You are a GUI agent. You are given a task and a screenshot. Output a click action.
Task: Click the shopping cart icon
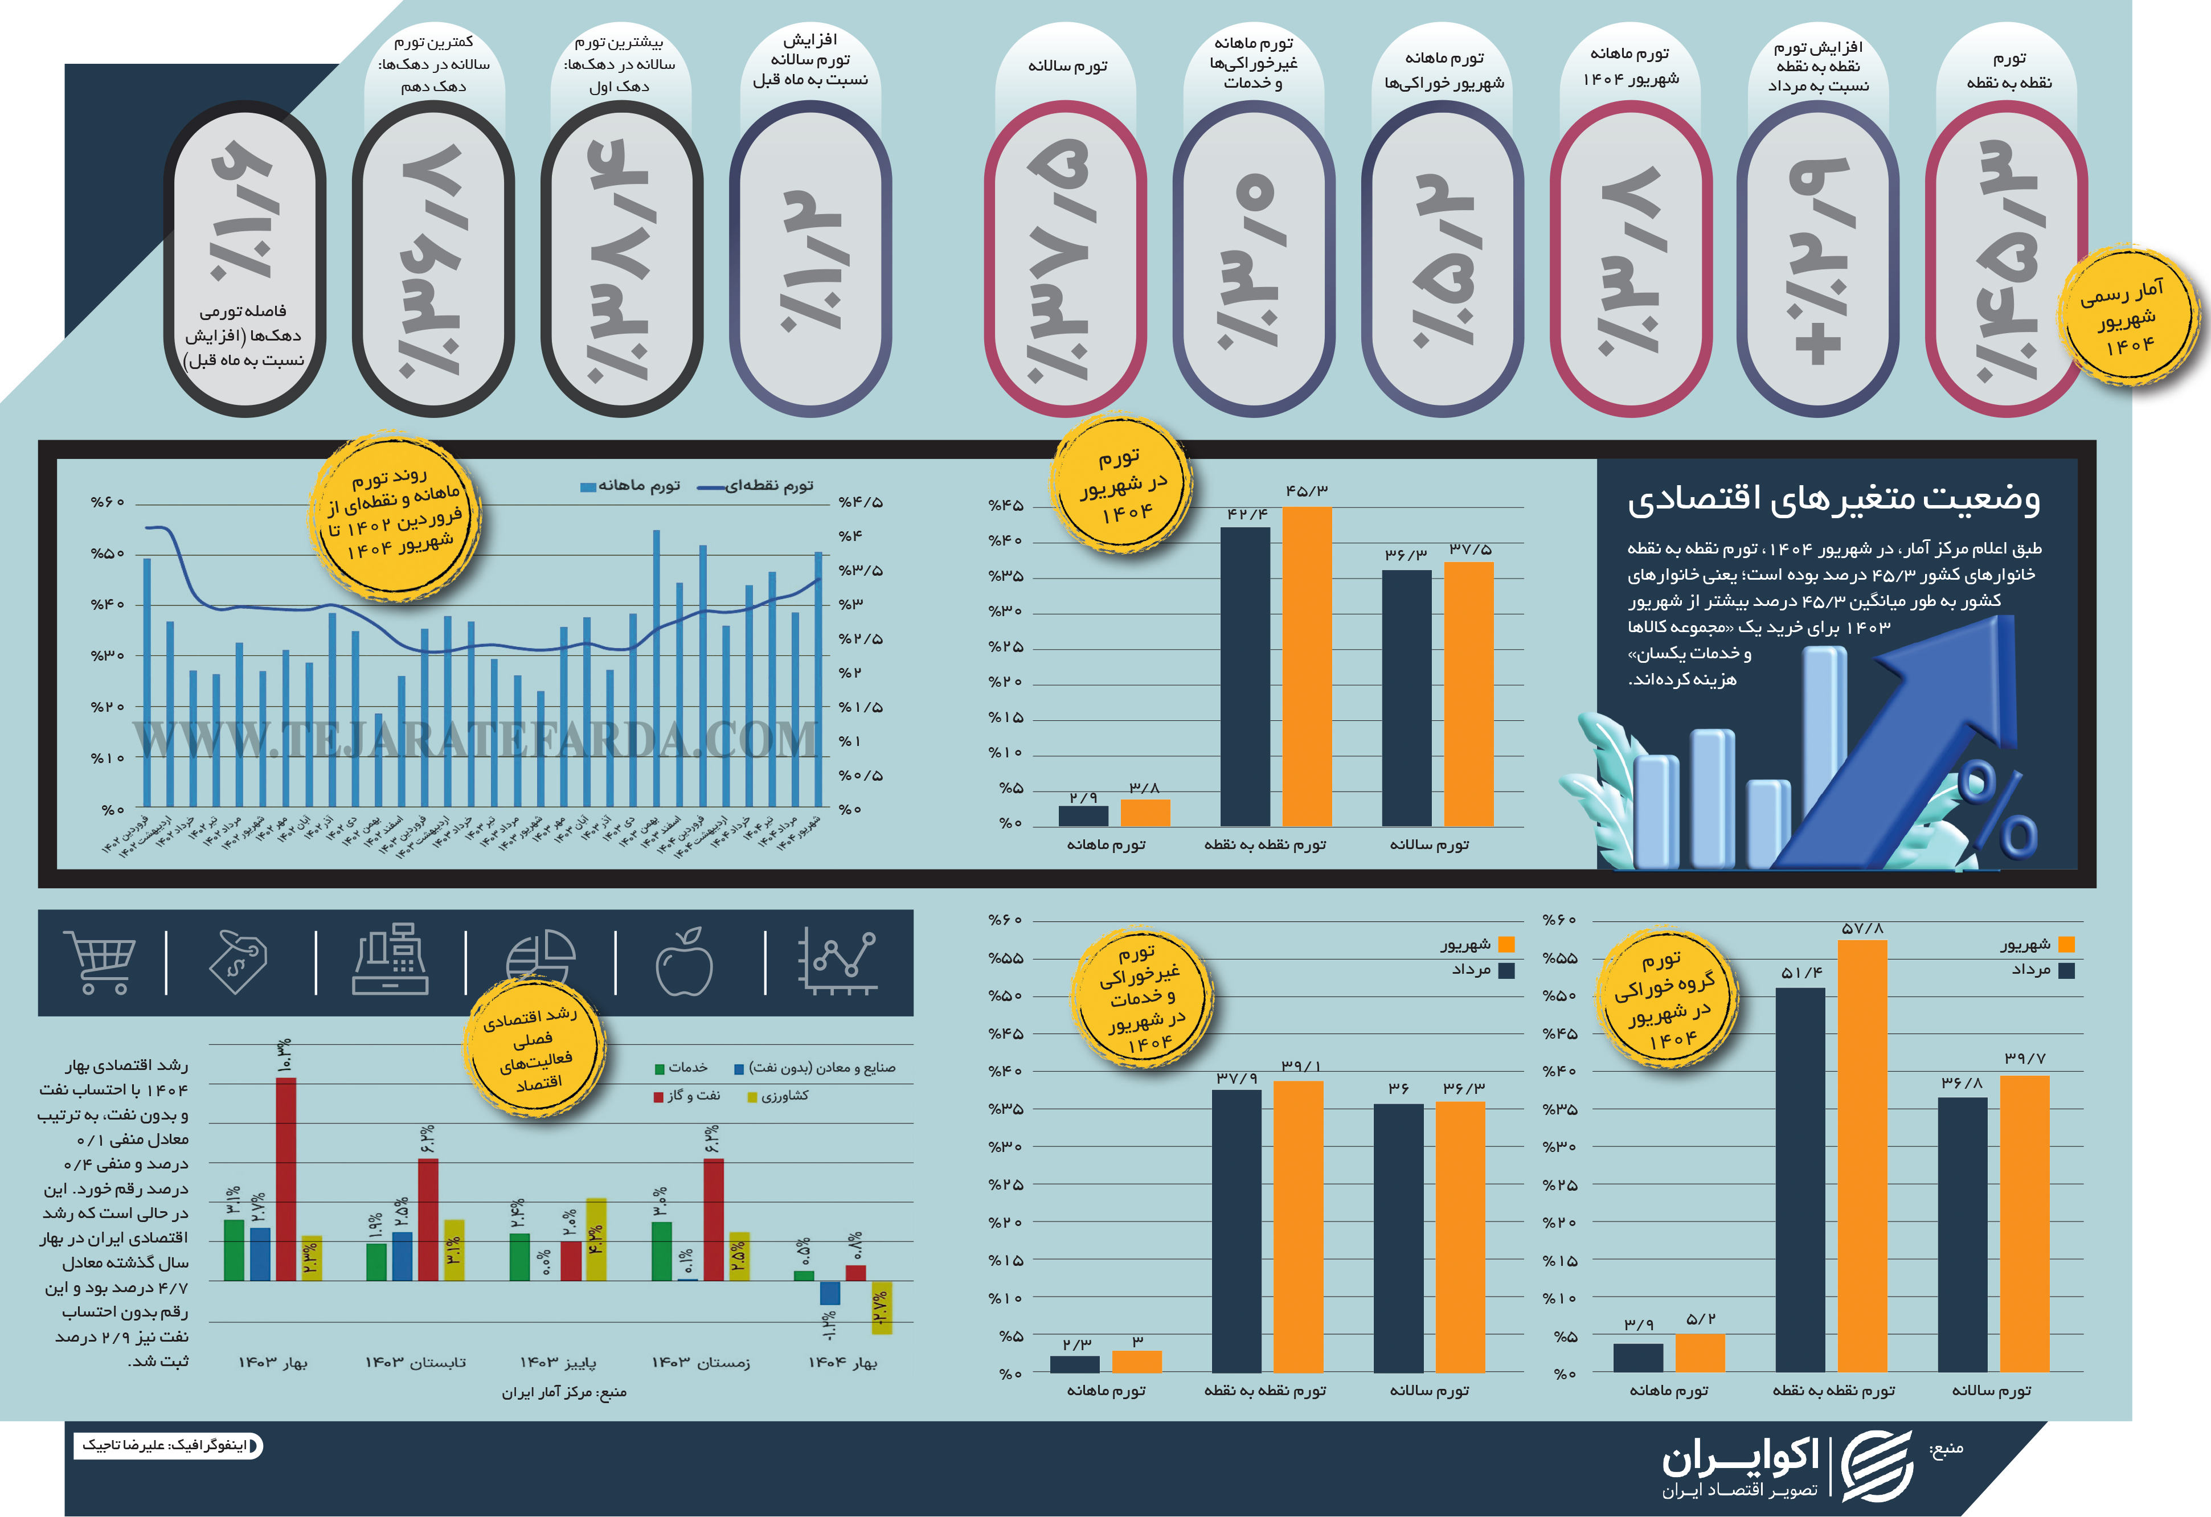(99, 962)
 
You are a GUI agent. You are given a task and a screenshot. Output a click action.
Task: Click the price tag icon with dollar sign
(238, 962)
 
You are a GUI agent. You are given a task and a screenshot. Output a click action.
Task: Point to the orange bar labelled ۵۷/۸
(1862, 1155)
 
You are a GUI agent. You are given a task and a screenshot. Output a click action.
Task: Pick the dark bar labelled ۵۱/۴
(1800, 1179)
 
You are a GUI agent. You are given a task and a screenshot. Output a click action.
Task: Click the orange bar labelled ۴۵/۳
(1306, 666)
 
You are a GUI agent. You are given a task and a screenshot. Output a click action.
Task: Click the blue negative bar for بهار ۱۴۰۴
(830, 1293)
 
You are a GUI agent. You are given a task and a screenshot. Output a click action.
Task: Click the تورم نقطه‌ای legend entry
(758, 486)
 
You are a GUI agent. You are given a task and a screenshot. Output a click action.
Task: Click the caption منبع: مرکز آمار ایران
(564, 1392)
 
